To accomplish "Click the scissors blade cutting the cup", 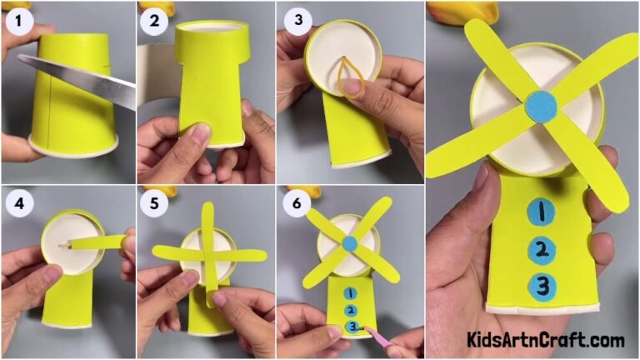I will coord(83,80).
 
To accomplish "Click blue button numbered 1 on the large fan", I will coord(542,213).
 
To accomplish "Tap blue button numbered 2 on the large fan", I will coord(542,249).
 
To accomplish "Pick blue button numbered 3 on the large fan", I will coord(542,286).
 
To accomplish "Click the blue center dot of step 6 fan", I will coord(350,243).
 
